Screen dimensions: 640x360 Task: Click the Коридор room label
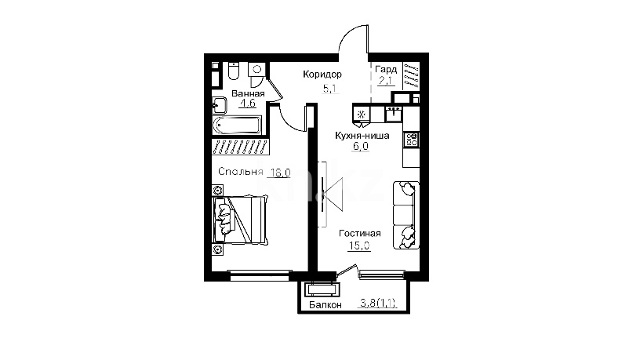322,75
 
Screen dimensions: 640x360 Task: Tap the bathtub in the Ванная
237,125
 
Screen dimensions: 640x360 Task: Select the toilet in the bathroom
234,71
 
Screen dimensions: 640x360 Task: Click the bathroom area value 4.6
247,103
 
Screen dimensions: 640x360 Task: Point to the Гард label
386,69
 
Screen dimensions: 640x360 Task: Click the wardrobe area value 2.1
385,81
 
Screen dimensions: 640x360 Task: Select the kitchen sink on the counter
394,114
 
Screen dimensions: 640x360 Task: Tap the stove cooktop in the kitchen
411,139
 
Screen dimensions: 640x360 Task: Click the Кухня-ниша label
362,135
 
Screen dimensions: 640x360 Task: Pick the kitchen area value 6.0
361,146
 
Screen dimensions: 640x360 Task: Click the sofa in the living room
406,215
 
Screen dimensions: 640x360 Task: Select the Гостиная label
359,233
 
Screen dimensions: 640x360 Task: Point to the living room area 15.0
359,245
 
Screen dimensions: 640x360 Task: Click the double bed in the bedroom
240,220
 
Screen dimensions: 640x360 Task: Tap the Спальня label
241,172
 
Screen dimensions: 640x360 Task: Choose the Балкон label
325,304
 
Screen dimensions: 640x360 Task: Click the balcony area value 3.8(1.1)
378,303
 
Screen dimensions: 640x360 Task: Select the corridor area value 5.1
331,88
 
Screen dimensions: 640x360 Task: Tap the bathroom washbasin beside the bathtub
220,105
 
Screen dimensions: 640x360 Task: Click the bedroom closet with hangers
240,147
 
